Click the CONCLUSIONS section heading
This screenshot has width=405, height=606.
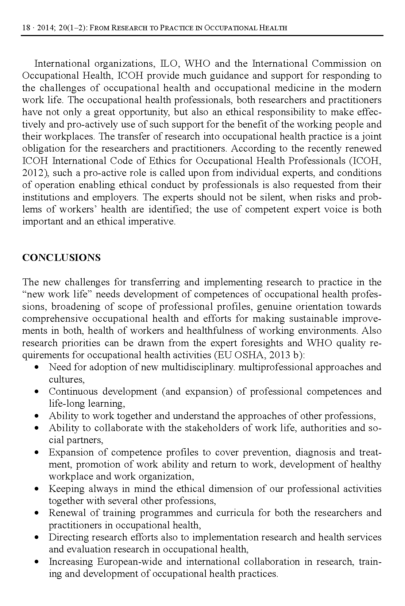click(x=61, y=258)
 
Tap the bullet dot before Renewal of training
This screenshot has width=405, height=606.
click(x=36, y=513)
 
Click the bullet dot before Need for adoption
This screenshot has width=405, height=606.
click(x=36, y=367)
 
